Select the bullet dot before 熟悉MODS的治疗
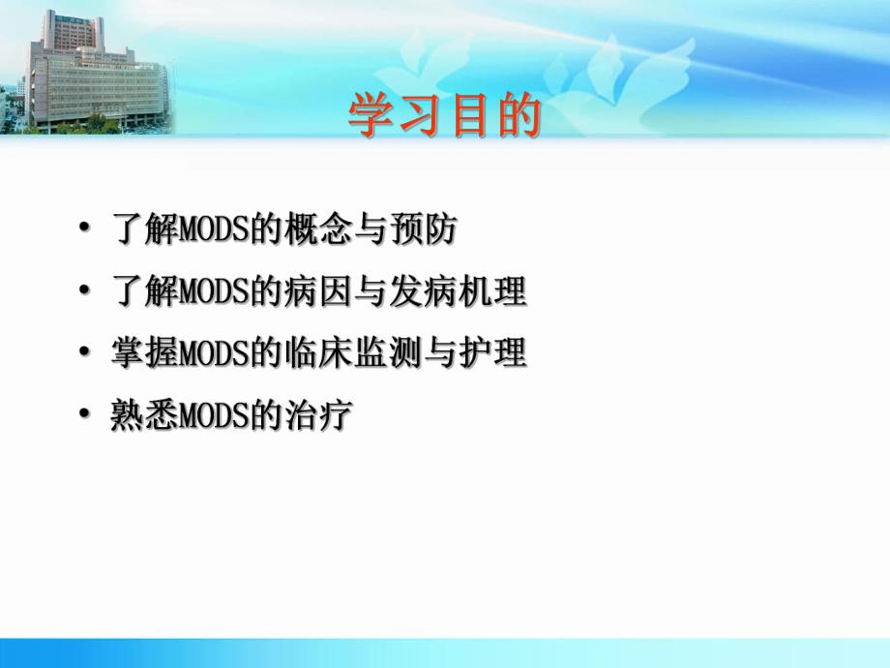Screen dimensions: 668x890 pos(87,417)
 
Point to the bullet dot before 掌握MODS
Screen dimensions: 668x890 pos(87,356)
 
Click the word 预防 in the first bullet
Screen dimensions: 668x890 pos(425,231)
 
